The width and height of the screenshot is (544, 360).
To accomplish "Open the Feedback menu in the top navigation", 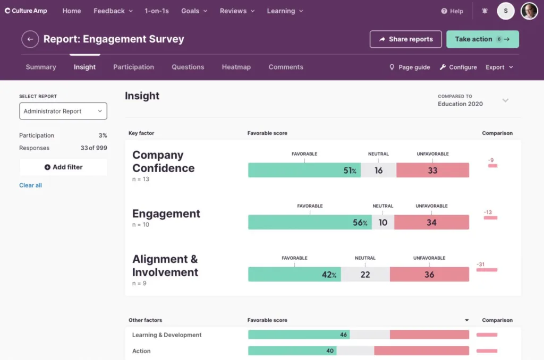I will (113, 11).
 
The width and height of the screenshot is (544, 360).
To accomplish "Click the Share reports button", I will (406, 39).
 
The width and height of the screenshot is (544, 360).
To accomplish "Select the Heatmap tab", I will (236, 67).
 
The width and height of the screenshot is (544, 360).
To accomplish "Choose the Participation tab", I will (133, 67).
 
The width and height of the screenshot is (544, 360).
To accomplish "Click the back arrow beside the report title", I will (30, 39).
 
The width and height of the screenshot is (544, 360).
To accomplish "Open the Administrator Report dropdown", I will (63, 111).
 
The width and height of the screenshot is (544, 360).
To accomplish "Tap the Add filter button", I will (63, 167).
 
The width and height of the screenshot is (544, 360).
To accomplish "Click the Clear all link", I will (30, 185).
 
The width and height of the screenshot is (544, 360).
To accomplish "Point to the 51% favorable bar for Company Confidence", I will (304, 170).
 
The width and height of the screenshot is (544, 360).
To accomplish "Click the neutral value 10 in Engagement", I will (382, 222).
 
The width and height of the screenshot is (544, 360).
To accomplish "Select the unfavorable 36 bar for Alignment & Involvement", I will (429, 275).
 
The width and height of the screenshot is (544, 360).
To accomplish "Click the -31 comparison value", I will (481, 264).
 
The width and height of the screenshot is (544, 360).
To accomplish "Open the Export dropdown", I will (499, 67).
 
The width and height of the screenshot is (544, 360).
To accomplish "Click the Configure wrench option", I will (458, 67).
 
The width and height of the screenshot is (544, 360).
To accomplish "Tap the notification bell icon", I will (484, 11).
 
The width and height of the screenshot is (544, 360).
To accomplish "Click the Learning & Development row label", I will (167, 335).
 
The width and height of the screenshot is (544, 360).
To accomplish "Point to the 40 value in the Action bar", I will (330, 351).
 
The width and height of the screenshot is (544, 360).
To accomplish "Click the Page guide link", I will (410, 67).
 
